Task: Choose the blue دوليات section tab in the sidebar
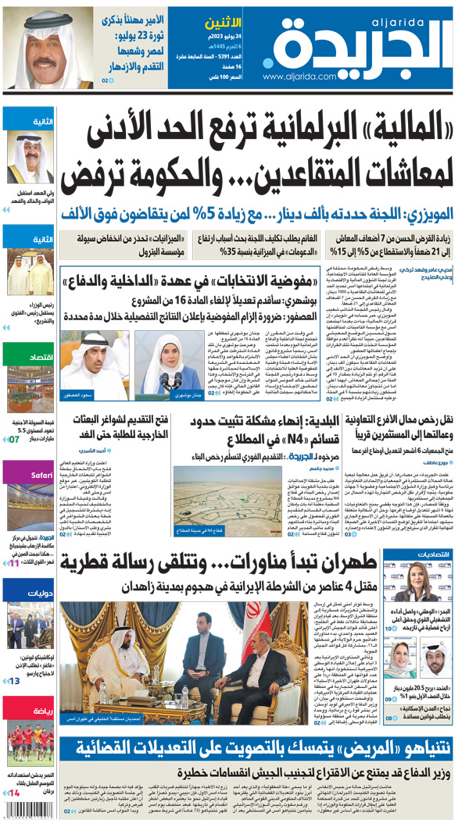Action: click(27, 591)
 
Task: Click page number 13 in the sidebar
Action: click(15, 681)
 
